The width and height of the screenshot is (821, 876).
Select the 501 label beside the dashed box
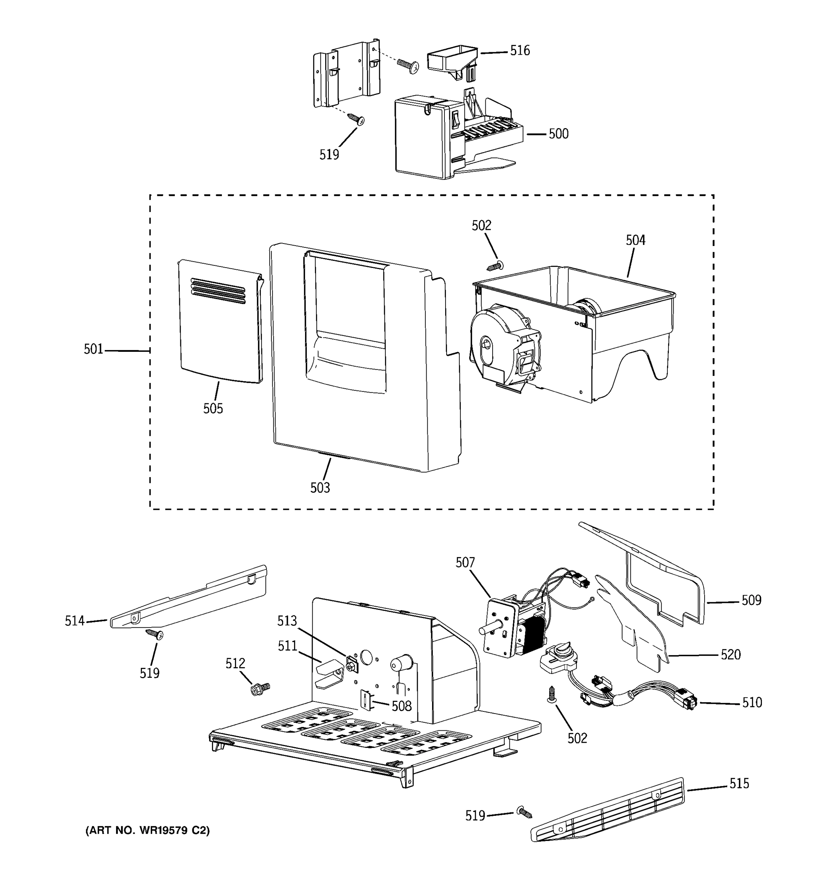(x=93, y=349)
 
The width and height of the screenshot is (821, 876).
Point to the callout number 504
(x=635, y=240)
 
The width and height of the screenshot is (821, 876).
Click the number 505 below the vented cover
(x=213, y=408)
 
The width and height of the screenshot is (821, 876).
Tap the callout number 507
(x=465, y=563)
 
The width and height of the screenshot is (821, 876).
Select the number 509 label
(x=751, y=600)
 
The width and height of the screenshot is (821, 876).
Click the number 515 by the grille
(x=739, y=783)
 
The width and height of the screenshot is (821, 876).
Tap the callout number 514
(x=74, y=621)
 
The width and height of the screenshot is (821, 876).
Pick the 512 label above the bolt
(x=235, y=664)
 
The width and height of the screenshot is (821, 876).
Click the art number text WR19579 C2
(x=147, y=831)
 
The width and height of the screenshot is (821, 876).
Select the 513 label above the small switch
(x=287, y=621)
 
